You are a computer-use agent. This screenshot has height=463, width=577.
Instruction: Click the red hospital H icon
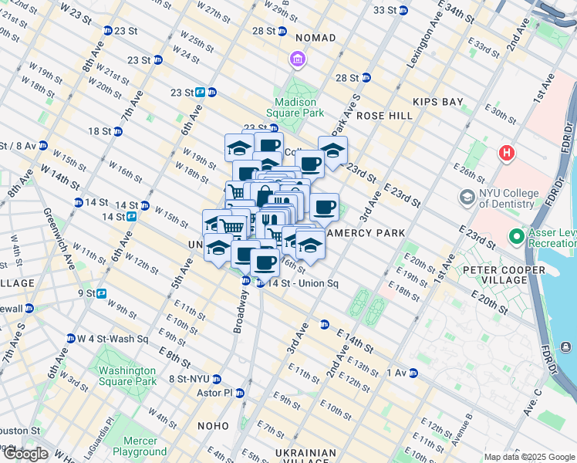pyautogui.click(x=507, y=153)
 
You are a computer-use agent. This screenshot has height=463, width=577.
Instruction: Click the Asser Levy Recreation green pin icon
pyautogui.click(x=515, y=235)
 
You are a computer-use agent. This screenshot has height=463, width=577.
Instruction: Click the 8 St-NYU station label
pyautogui.click(x=188, y=379)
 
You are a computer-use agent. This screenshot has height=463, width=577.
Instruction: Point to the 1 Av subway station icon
pyautogui.click(x=413, y=373)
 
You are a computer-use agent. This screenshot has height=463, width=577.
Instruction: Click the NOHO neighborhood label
pyautogui.click(x=212, y=426)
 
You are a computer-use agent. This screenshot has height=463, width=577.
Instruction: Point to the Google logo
pyautogui.click(x=25, y=454)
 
